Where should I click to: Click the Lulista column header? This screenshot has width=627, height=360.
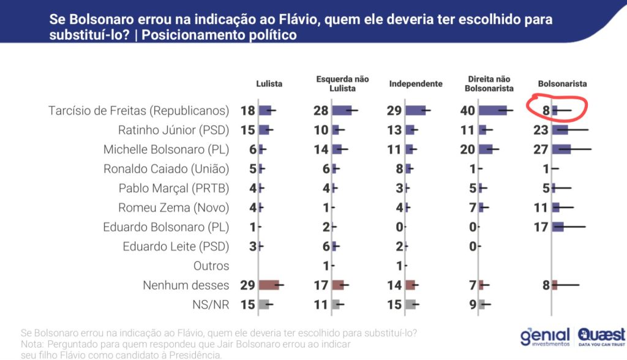pos(269,84)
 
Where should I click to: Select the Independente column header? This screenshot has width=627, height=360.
pos(415,84)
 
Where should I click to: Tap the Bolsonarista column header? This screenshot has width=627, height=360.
pos(562,84)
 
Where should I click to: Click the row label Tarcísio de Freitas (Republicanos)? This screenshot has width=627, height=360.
pos(138,111)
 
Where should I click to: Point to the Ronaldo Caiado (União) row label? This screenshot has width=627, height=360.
pos(166,169)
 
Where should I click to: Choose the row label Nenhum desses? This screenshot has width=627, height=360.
pos(186,285)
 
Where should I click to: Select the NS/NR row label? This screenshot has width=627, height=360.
pos(211,304)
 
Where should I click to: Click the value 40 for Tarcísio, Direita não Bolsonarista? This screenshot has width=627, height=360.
pos(468,111)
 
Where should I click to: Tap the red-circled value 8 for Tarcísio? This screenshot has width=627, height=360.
pos(544,111)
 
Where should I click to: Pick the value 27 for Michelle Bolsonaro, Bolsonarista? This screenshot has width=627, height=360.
pos(541,149)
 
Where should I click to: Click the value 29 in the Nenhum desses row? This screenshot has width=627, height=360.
pos(247,285)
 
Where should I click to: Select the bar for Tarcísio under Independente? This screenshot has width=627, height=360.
pos(416,111)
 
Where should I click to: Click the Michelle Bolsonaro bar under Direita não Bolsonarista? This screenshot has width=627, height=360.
pos(486,149)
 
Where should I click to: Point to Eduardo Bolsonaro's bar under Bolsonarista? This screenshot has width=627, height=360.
pos(558,227)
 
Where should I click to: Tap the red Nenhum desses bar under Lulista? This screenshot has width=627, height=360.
pos(269,285)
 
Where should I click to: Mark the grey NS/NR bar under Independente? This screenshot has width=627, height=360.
pos(410,304)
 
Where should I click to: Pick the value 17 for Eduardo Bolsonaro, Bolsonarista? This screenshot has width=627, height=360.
pos(541,227)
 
